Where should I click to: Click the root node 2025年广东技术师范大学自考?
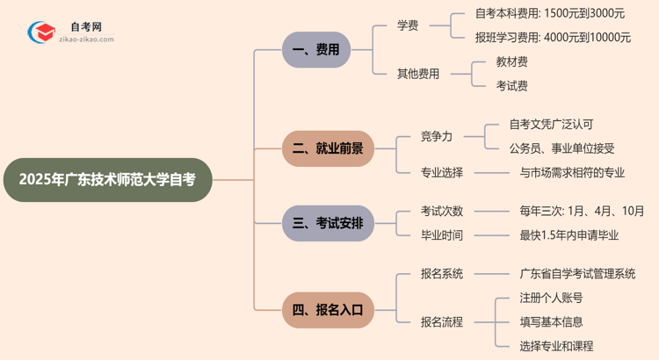pos(107,180)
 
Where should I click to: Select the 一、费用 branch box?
pos(315,50)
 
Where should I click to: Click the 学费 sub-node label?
pos(408,25)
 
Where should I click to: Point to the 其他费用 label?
pos(418,74)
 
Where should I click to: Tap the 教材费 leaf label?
pos(512,61)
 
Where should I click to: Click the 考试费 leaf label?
pos(512,86)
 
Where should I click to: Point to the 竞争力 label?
pos(437,136)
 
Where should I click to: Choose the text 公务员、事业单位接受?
pos(562,148)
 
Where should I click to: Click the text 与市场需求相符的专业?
pos(572,173)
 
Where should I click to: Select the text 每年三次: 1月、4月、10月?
pos(582,211)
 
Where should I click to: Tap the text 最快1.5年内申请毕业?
pos(569,235)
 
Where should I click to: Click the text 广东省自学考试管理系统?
pos(577,274)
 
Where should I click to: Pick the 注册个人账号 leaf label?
pos(551,298)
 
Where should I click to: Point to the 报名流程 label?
pos(442,322)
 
